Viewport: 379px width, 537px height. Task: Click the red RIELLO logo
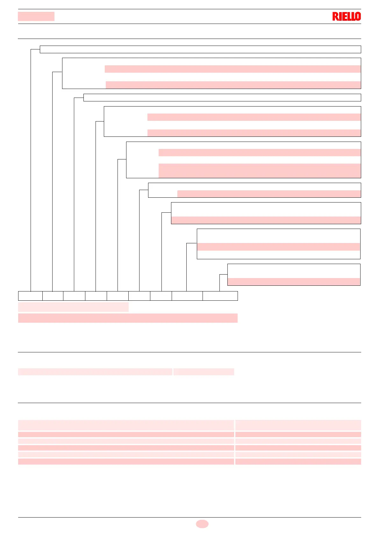coord(347,17)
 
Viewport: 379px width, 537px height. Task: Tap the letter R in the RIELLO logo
coord(335,17)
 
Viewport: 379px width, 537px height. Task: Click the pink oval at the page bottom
coord(202,524)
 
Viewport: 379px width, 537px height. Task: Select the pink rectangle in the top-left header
coord(36,16)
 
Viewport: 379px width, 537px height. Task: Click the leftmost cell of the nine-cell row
coord(30,296)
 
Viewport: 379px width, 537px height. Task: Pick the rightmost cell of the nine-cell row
coord(220,296)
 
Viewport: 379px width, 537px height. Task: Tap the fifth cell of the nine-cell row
coord(118,296)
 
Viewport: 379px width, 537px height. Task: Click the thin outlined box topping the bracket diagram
coord(200,49)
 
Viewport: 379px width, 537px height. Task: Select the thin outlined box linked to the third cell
coord(222,98)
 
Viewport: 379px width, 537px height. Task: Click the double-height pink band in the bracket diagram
coord(260,171)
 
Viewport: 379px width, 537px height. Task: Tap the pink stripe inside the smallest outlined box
coord(294,282)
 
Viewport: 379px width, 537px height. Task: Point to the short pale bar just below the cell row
coord(73,307)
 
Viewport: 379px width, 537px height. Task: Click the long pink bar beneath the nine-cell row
coord(128,318)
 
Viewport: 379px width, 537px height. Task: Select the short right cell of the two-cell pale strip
coord(204,372)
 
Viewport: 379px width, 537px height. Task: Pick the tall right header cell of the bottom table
coord(298,425)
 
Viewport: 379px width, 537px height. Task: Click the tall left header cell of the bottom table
coord(126,425)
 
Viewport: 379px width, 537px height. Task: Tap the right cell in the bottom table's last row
coord(298,461)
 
